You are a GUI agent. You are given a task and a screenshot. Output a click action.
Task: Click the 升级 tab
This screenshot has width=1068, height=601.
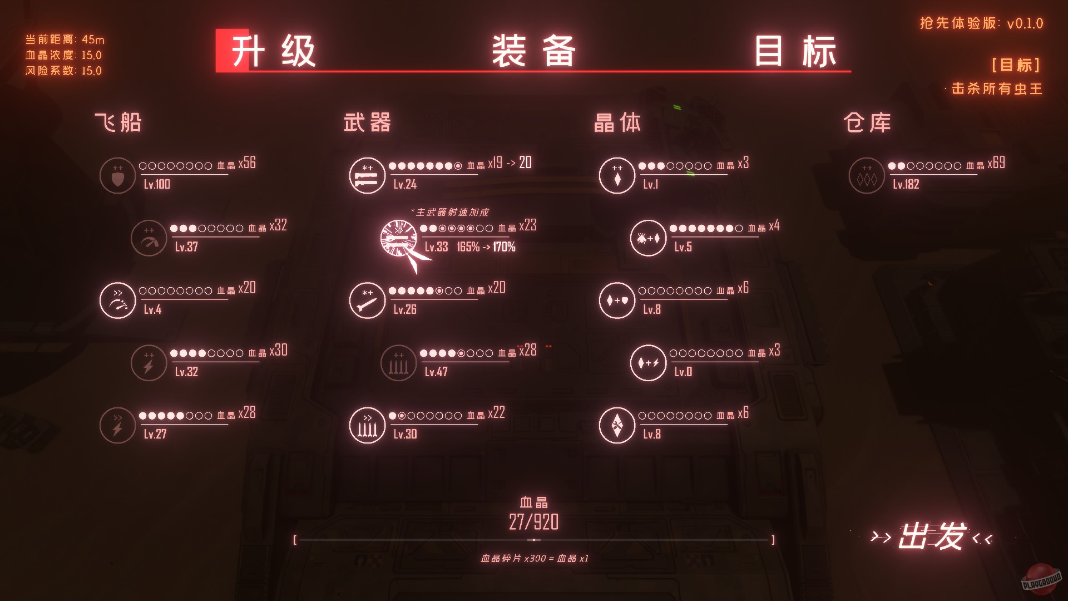pyautogui.click(x=273, y=51)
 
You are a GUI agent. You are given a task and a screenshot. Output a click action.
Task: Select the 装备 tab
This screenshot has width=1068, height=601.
pyautogui.click(x=533, y=51)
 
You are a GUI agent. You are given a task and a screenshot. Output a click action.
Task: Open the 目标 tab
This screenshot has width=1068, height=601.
pyautogui.click(x=795, y=51)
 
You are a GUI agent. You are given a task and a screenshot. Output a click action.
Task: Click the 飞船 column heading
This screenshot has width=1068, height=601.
pyautogui.click(x=118, y=122)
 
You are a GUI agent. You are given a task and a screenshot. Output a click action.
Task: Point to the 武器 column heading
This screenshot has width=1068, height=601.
pyautogui.click(x=367, y=122)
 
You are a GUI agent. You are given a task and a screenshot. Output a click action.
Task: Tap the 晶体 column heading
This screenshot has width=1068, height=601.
pyautogui.click(x=617, y=122)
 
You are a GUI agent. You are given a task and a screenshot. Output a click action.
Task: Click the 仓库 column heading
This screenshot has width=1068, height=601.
pyautogui.click(x=867, y=122)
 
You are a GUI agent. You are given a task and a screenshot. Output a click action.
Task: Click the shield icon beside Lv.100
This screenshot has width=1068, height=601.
pyautogui.click(x=117, y=176)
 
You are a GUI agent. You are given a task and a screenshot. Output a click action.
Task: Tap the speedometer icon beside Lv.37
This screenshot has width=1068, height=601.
pyautogui.click(x=149, y=238)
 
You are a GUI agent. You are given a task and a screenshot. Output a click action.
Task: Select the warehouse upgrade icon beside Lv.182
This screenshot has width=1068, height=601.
pyautogui.click(x=867, y=176)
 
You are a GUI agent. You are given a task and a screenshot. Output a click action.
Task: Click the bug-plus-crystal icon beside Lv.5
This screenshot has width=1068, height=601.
pyautogui.click(x=648, y=238)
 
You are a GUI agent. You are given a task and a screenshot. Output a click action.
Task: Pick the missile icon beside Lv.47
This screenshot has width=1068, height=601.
pyautogui.click(x=398, y=363)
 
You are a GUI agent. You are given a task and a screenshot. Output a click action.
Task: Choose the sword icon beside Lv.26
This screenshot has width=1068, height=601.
pyautogui.click(x=367, y=300)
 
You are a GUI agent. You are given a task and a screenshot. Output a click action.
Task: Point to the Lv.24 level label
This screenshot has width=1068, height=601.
pyautogui.click(x=405, y=185)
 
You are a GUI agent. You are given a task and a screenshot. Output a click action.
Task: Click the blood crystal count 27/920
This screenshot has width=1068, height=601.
pyautogui.click(x=533, y=522)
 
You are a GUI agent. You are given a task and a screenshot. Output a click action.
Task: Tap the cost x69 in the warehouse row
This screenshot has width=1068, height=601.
pyautogui.click(x=996, y=163)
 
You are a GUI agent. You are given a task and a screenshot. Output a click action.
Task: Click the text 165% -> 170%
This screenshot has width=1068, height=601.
pyautogui.click(x=486, y=247)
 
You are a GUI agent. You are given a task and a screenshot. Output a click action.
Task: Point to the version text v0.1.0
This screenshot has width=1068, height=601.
pyautogui.click(x=1025, y=23)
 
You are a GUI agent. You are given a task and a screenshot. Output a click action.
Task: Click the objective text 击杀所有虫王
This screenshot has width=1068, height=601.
pyautogui.click(x=997, y=89)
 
